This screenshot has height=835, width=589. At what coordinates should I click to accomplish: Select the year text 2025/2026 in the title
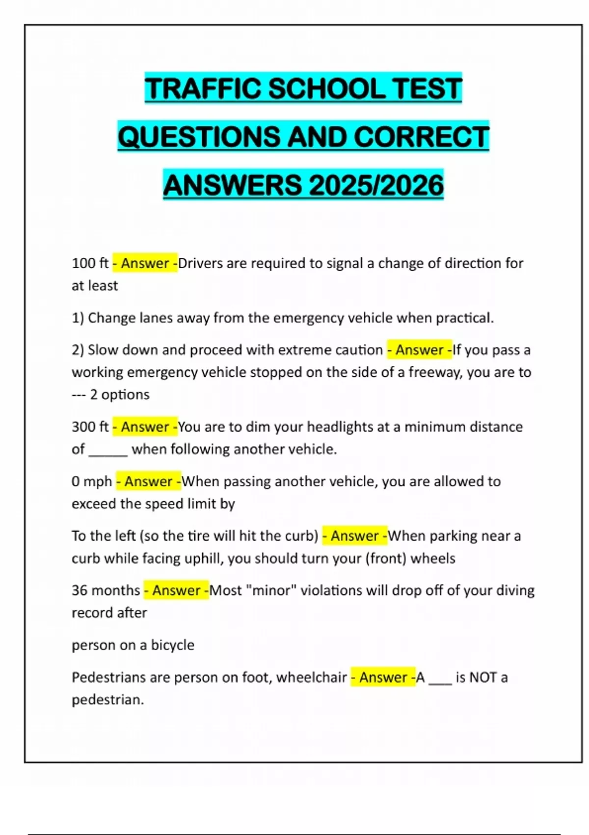click(376, 185)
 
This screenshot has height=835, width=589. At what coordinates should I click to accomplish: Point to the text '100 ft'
click(90, 263)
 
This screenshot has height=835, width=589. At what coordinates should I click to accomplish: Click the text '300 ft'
click(90, 426)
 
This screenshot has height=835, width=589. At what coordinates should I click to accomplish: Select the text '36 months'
click(106, 590)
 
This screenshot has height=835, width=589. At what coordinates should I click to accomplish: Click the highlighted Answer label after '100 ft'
click(145, 263)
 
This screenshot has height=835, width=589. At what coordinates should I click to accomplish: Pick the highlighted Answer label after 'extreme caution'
click(419, 350)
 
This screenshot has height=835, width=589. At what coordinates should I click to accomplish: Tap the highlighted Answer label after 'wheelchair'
click(383, 677)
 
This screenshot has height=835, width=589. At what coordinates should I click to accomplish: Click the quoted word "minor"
click(274, 590)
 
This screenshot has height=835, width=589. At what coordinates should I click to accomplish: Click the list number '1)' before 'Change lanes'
click(78, 318)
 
